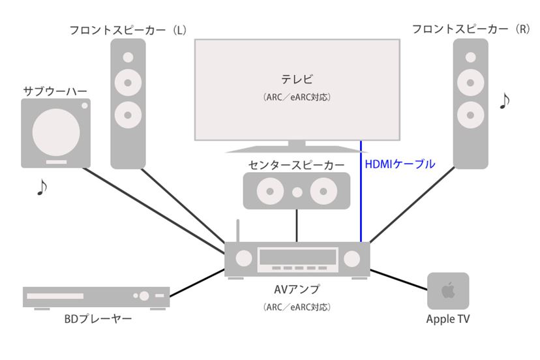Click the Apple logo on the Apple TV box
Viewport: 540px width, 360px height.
[x=448, y=290]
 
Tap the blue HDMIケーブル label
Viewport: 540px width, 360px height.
[x=399, y=164]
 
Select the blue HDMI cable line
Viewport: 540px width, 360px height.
[x=361, y=196]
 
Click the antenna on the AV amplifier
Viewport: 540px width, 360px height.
[x=238, y=230]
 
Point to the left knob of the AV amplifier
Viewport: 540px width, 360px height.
[x=243, y=258]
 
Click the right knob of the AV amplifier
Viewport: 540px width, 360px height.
[x=353, y=258]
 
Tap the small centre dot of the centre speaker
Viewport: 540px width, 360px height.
[x=297, y=192]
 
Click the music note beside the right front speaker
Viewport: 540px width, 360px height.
[x=504, y=100]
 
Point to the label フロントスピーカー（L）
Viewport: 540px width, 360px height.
[x=128, y=30]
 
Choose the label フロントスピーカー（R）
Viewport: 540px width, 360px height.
[x=471, y=30]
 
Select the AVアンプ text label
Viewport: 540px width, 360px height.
[x=297, y=289]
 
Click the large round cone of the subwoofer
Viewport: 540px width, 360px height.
[x=55, y=132]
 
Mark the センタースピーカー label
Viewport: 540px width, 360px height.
[x=297, y=165]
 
